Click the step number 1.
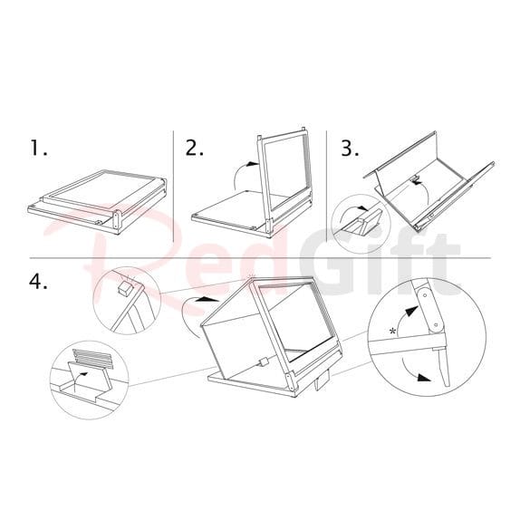(x=38, y=148)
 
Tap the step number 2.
(x=195, y=148)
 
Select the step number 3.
(x=351, y=148)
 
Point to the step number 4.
(x=38, y=283)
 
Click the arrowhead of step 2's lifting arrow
(x=254, y=163)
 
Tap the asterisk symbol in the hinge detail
(x=393, y=331)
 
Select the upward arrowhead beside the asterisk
(x=412, y=312)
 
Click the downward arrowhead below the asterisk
(x=423, y=378)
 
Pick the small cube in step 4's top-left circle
(x=125, y=288)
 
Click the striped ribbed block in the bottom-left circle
(x=93, y=359)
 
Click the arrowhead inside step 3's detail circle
(x=364, y=208)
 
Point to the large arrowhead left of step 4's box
(x=207, y=299)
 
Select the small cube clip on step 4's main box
(x=265, y=361)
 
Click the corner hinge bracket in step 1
(x=116, y=219)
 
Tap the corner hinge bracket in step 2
(x=269, y=226)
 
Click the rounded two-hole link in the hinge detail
(x=429, y=310)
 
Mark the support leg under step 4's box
(x=321, y=383)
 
